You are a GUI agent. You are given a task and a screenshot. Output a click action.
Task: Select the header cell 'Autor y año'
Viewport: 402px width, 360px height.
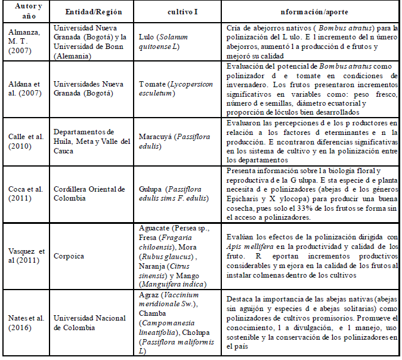point(25,12)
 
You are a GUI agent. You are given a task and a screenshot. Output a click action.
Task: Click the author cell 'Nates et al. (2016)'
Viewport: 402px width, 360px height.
point(25,322)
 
